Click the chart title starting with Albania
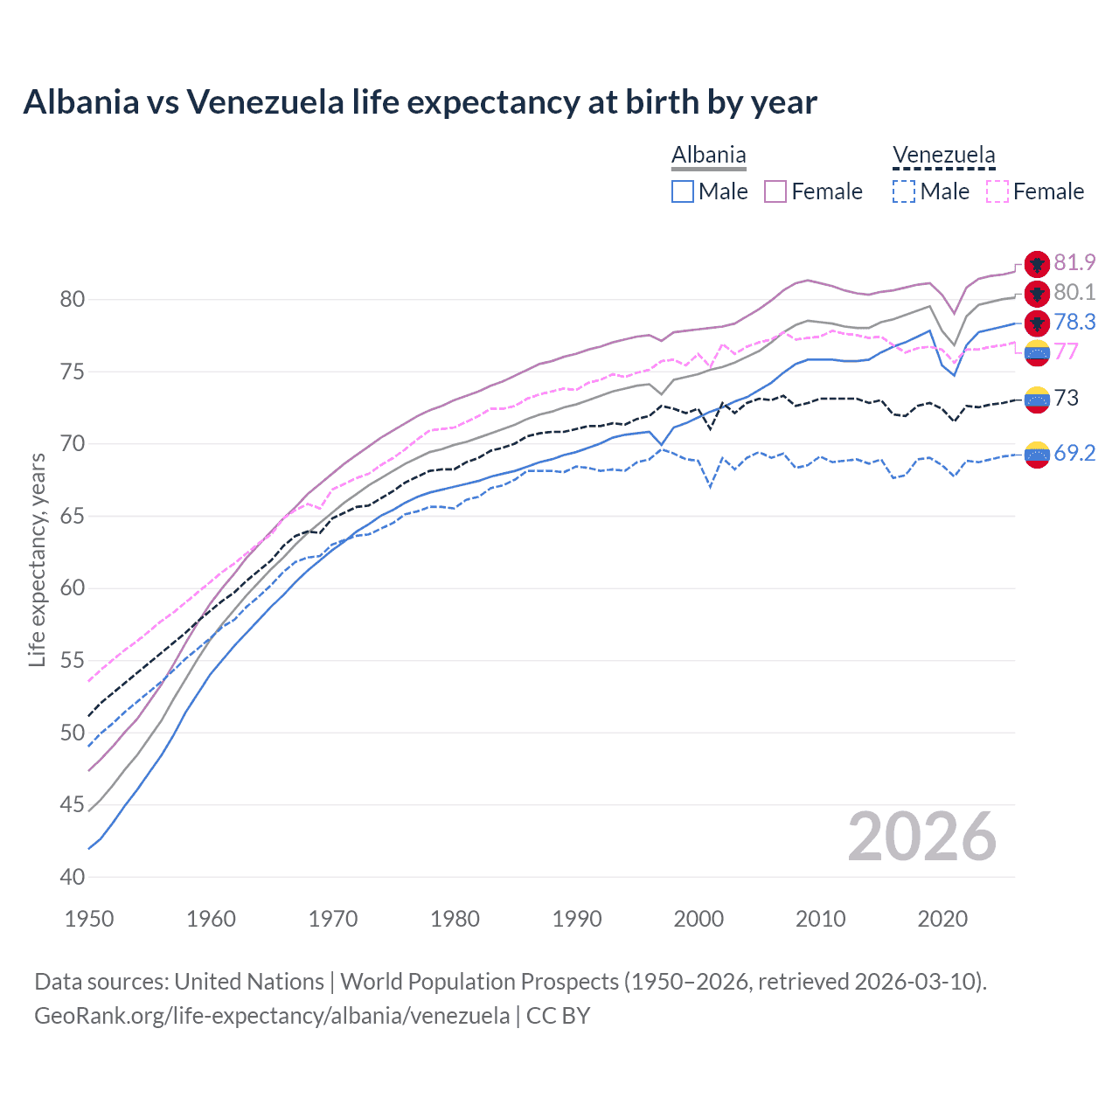tap(420, 102)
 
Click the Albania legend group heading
tap(708, 156)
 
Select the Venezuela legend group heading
tap(943, 156)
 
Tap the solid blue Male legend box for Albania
tap(683, 191)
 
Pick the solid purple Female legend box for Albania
tap(775, 191)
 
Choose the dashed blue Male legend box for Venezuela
tap(904, 191)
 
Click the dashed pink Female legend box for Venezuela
tap(997, 191)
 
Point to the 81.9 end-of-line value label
tap(1074, 262)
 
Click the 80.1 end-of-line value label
tap(1074, 292)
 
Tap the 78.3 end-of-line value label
tap(1074, 322)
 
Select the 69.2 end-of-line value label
tap(1074, 453)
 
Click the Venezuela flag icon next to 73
tap(1037, 400)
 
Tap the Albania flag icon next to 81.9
tap(1037, 263)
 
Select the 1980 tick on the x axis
tap(455, 919)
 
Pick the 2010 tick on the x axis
tap(821, 919)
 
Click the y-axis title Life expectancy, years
tap(38, 559)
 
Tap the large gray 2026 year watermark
tap(922, 837)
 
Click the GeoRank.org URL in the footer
tap(272, 1016)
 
